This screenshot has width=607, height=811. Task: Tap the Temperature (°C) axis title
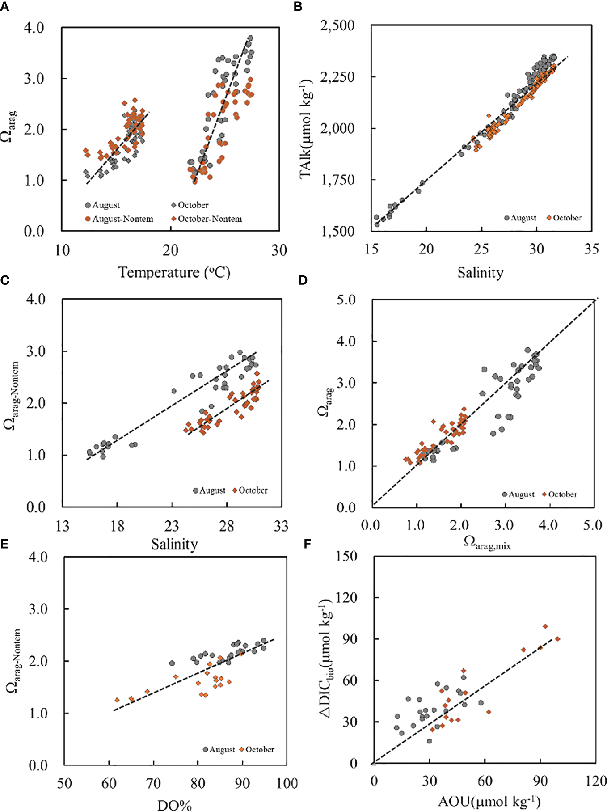[174, 272]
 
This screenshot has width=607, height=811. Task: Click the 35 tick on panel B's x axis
[591, 249]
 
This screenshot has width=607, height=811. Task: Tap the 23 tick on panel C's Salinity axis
[172, 526]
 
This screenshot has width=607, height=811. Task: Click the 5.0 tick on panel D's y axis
[346, 300]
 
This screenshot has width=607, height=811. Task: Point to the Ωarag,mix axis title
[487, 543]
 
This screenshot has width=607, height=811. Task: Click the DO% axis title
[174, 805]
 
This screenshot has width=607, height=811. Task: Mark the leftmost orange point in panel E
[117, 700]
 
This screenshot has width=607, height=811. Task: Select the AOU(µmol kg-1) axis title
[489, 802]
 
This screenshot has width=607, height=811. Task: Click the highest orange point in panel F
[545, 626]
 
